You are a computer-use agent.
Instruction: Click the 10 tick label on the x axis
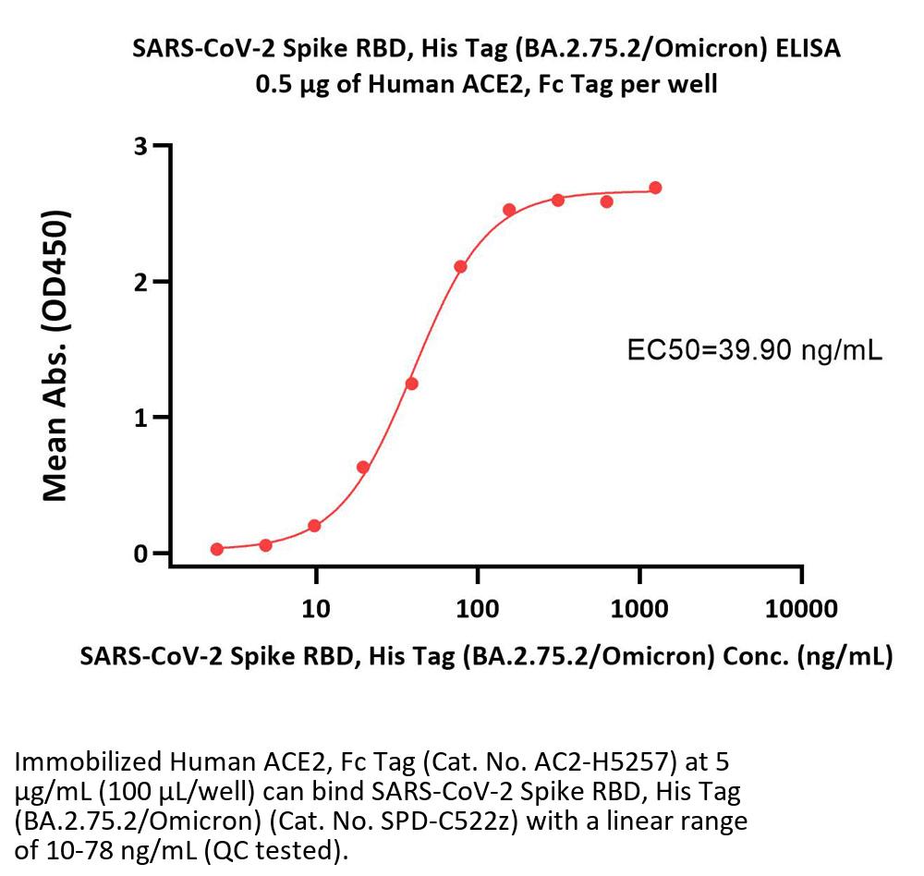pos(316,608)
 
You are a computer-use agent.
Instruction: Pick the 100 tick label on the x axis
pos(478,608)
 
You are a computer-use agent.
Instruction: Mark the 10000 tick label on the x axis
pos(801,608)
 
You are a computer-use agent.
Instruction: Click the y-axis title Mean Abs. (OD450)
pos(57,356)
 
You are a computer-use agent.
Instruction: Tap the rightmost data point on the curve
pos(655,188)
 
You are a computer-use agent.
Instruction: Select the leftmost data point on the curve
pos(217,549)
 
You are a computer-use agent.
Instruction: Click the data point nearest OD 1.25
pos(412,383)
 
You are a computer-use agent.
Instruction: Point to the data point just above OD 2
pos(460,267)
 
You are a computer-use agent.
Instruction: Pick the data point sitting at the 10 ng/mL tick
pos(314,526)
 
